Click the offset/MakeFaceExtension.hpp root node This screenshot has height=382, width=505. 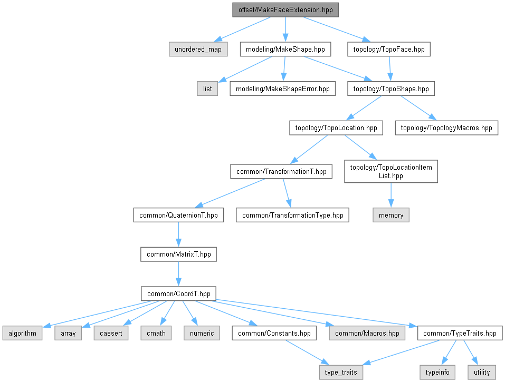[285, 10]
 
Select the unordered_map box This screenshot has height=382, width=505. [198, 50]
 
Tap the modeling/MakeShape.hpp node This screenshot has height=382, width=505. [285, 50]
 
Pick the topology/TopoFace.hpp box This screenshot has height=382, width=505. [389, 50]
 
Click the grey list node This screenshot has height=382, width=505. [207, 89]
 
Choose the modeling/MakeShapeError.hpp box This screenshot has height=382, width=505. [283, 89]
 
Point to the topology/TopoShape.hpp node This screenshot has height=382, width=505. [390, 89]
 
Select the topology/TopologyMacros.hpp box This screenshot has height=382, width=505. [446, 128]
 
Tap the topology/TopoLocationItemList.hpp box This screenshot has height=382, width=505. [390, 172]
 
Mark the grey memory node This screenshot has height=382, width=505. [390, 215]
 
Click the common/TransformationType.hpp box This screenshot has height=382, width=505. [292, 215]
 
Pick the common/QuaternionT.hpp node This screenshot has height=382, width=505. [178, 215]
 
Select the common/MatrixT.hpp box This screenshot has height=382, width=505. [178, 254]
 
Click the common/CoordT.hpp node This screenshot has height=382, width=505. [178, 293]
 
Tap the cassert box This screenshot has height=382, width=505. [111, 333]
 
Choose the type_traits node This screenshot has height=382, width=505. [341, 372]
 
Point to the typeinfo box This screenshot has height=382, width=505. [437, 372]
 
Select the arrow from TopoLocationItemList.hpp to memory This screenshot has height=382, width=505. [390, 196]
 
